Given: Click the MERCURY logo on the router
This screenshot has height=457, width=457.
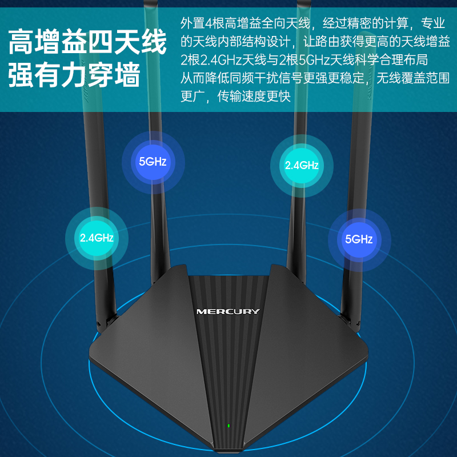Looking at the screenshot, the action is [227, 311].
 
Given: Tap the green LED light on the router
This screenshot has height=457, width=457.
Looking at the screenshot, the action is [228, 425].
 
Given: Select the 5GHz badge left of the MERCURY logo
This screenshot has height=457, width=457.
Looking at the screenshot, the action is [153, 161].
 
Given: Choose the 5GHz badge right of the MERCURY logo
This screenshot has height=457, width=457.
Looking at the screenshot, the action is [359, 239].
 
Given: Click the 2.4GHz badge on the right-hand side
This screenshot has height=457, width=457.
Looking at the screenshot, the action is [301, 166].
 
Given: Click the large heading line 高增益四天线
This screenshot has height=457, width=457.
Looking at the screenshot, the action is [87, 43].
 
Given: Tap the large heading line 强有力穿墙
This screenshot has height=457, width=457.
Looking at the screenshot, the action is [74, 75].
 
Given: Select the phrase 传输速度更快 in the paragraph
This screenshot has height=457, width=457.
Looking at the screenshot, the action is [254, 97].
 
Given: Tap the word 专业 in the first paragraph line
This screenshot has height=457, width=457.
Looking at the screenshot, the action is [432, 23].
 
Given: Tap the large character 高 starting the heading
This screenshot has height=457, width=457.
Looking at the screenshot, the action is [22, 43].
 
